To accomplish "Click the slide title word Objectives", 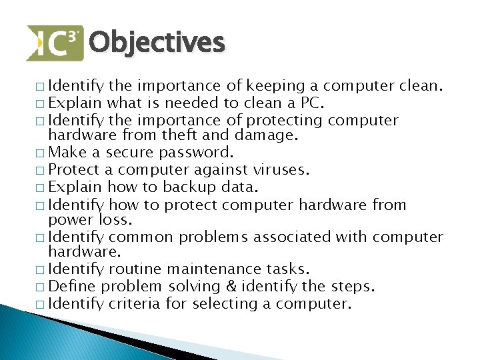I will [157, 43].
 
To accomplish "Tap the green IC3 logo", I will [55, 43].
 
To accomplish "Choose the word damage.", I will [263, 136].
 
